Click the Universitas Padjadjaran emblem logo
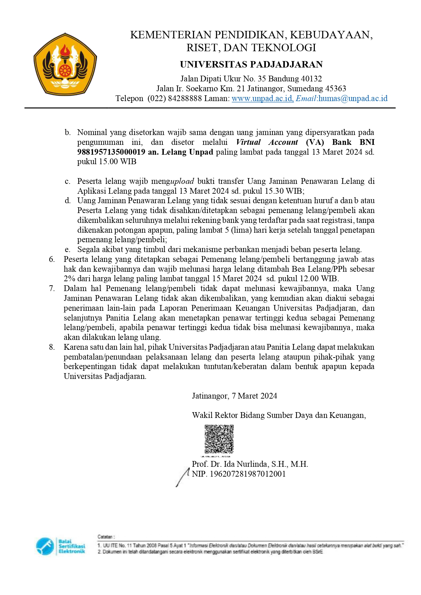(x=65, y=64)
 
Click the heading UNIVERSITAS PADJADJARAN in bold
(x=251, y=64)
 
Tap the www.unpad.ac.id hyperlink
(x=262, y=98)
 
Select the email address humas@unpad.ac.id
(x=353, y=98)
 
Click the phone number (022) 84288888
(x=174, y=98)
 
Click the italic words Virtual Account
(x=267, y=142)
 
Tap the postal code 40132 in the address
(x=311, y=79)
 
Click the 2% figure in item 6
(x=69, y=279)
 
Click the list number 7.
(x=52, y=289)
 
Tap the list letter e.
(x=68, y=250)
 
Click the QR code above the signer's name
(x=219, y=439)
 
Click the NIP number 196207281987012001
(x=248, y=474)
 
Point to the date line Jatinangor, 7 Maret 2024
(x=234, y=396)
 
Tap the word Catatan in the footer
(x=106, y=537)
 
